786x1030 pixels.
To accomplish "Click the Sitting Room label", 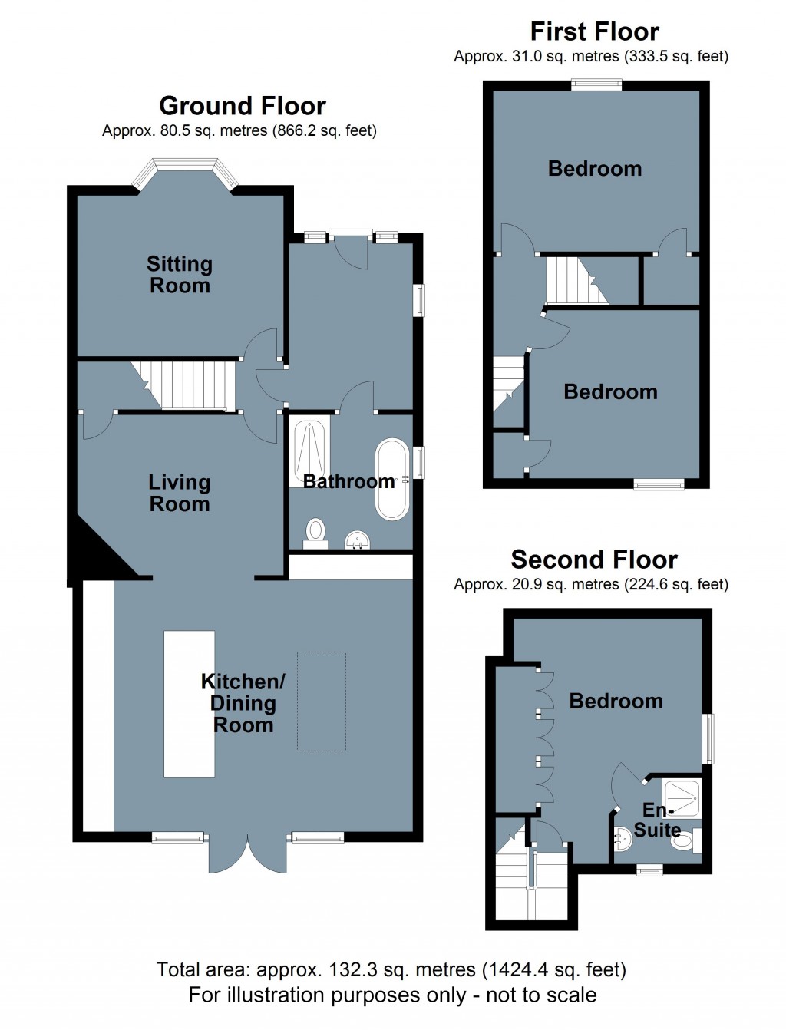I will [179, 275].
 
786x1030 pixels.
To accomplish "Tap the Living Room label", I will [179, 493].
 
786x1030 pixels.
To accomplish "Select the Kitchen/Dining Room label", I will [243, 703].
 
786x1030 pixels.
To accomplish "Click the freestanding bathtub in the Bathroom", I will [392, 479].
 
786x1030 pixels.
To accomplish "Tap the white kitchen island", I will [189, 704].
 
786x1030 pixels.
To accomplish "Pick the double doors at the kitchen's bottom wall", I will [248, 853].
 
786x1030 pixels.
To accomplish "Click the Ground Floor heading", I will [243, 105].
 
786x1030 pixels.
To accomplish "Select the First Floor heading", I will [594, 31].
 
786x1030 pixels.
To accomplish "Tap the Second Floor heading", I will [594, 560].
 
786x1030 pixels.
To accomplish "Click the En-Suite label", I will [657, 820].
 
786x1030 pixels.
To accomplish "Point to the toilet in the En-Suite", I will [684, 840].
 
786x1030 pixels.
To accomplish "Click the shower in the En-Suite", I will [682, 798].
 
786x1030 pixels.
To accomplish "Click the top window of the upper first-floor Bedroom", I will [596, 85].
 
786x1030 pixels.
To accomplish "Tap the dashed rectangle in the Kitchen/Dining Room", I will [322, 702].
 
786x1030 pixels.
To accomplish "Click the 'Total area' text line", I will [391, 970].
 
